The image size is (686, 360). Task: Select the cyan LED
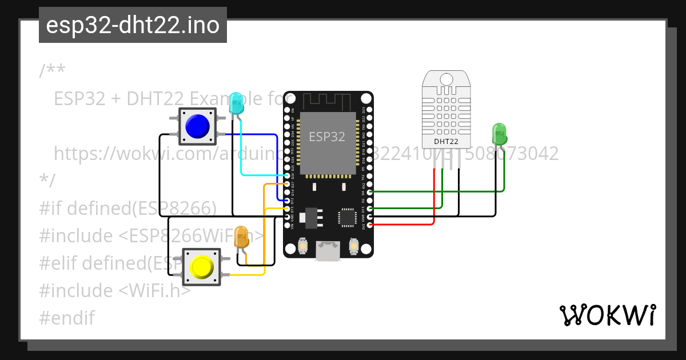tap(236, 103)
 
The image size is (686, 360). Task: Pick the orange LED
tap(242, 237)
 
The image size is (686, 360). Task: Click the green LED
tap(499, 134)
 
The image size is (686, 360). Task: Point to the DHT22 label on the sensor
tap(445, 141)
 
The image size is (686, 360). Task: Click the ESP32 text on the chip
tap(327, 137)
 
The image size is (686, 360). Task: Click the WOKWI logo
tap(607, 315)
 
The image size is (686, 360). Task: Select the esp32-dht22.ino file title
tap(133, 26)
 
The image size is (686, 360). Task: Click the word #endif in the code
tap(66, 318)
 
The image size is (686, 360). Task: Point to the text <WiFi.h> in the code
tap(154, 290)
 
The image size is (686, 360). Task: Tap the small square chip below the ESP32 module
tap(346, 217)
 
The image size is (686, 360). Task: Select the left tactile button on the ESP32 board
tap(303, 246)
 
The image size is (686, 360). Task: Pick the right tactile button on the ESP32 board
tap(353, 246)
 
